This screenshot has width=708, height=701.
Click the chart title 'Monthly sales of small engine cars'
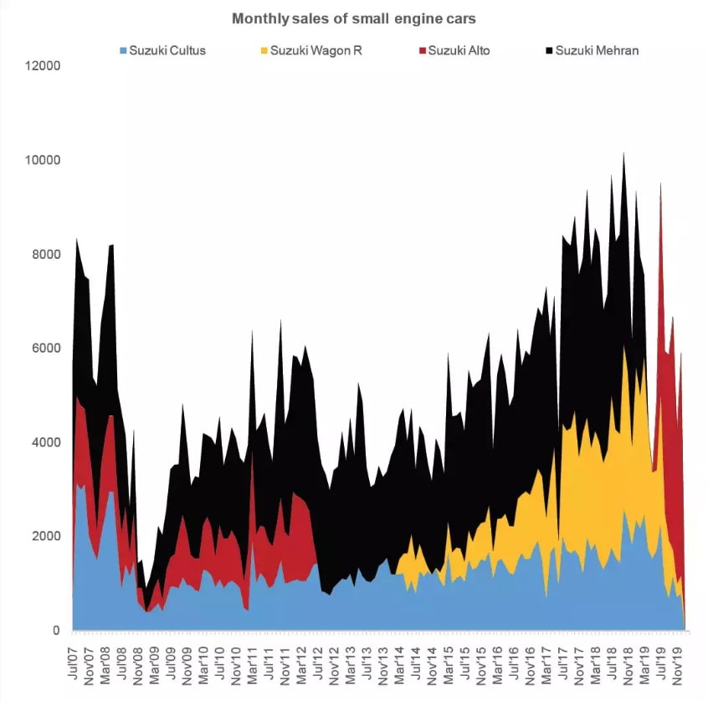point(353,18)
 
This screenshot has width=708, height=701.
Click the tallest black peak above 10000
point(623,156)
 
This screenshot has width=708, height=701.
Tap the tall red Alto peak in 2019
point(661,186)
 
